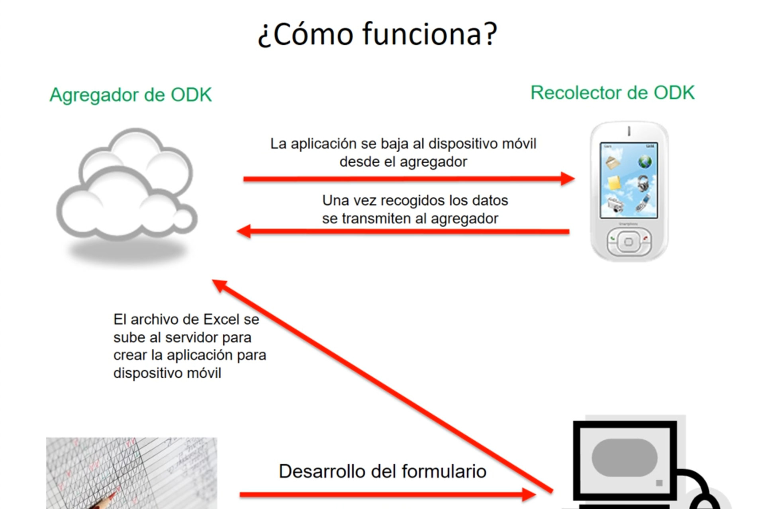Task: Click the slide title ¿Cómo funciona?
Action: [377, 34]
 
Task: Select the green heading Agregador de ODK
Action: [131, 95]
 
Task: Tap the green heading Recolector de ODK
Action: [613, 93]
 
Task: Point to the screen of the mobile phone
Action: [629, 180]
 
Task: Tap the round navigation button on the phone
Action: [629, 241]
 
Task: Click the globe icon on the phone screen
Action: [645, 162]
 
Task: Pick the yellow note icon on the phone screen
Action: [614, 183]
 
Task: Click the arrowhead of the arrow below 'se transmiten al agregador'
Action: [244, 231]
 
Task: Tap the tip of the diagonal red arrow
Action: [212, 280]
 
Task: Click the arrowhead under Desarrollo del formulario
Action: [529, 495]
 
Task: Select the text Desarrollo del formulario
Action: [382, 472]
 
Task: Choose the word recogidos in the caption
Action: [413, 201]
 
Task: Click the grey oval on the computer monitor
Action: [624, 458]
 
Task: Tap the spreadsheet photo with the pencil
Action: [131, 473]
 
